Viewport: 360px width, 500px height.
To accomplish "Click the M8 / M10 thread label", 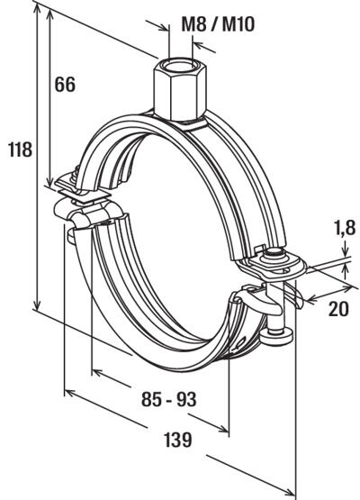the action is point(218,23).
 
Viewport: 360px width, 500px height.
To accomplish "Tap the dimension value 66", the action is point(65,85).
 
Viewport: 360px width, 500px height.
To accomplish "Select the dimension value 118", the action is point(20,150).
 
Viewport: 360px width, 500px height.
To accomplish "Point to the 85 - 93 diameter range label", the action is point(169,399).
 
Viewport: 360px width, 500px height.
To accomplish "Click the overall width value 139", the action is point(178,440).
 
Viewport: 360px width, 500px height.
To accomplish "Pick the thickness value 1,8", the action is point(344,228).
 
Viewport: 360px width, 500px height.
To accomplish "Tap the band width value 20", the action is point(338,309).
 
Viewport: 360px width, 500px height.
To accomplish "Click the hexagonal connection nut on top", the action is point(180,90).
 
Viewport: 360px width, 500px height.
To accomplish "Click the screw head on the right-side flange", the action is point(274,254).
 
